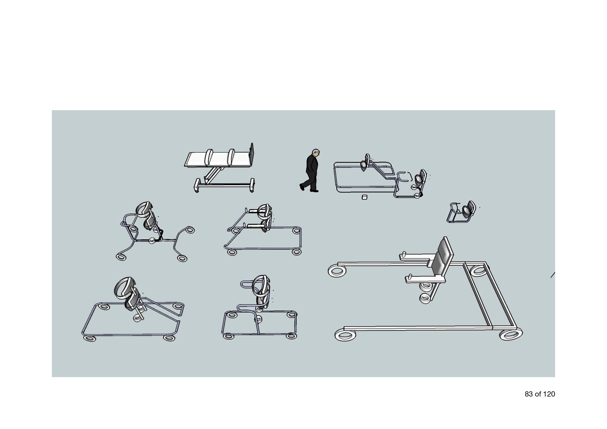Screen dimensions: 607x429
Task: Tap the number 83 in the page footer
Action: point(529,394)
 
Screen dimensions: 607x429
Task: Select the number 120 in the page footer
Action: point(549,394)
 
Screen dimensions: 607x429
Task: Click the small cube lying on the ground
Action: point(365,198)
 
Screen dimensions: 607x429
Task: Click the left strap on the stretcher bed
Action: point(209,157)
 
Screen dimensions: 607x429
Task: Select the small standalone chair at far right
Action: point(461,211)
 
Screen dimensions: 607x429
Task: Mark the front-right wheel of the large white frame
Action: point(511,334)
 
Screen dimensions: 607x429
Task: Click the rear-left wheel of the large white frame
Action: point(337,271)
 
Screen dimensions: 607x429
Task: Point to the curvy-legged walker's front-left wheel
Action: point(120,257)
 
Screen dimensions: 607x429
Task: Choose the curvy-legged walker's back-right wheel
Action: point(190,230)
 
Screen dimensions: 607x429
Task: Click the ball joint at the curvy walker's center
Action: point(152,241)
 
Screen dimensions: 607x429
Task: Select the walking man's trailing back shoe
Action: point(302,187)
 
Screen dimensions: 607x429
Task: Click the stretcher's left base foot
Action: point(197,185)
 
